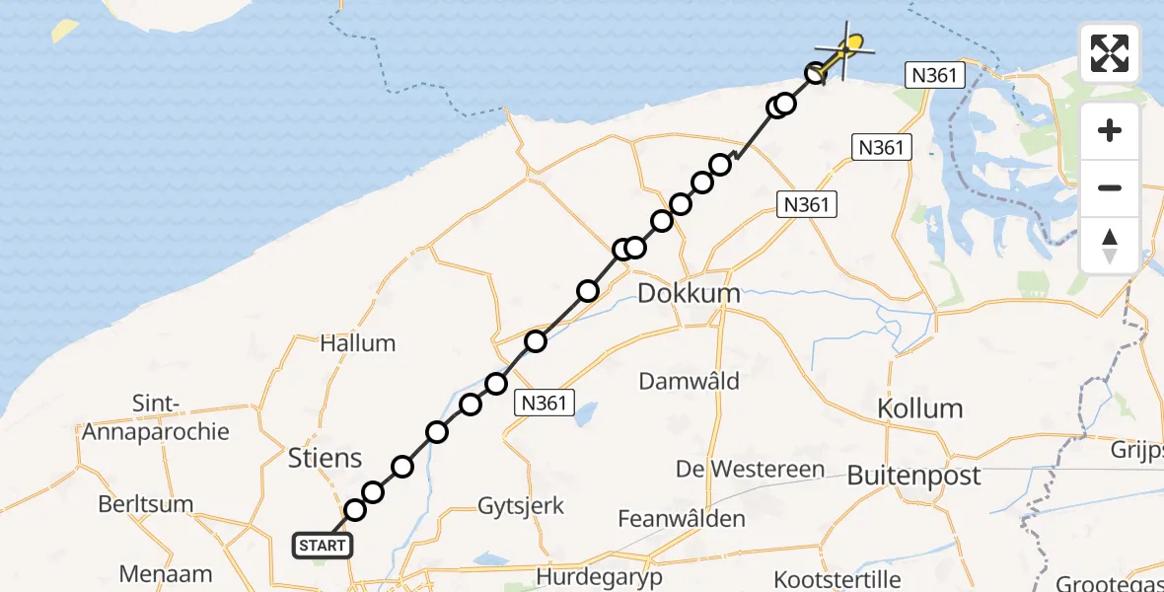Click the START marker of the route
(322, 545)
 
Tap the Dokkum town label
(689, 293)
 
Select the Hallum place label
(357, 343)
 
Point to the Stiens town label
(326, 458)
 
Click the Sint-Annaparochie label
(156, 417)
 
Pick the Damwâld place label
(690, 381)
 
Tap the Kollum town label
(920, 407)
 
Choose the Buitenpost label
(914, 476)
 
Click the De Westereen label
(751, 469)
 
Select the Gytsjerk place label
(521, 506)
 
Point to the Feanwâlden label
(682, 518)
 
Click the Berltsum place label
(145, 504)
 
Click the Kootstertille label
(837, 577)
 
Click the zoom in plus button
(1110, 130)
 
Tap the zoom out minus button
(1110, 187)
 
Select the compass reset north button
(1110, 245)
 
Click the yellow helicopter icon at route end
(852, 42)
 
